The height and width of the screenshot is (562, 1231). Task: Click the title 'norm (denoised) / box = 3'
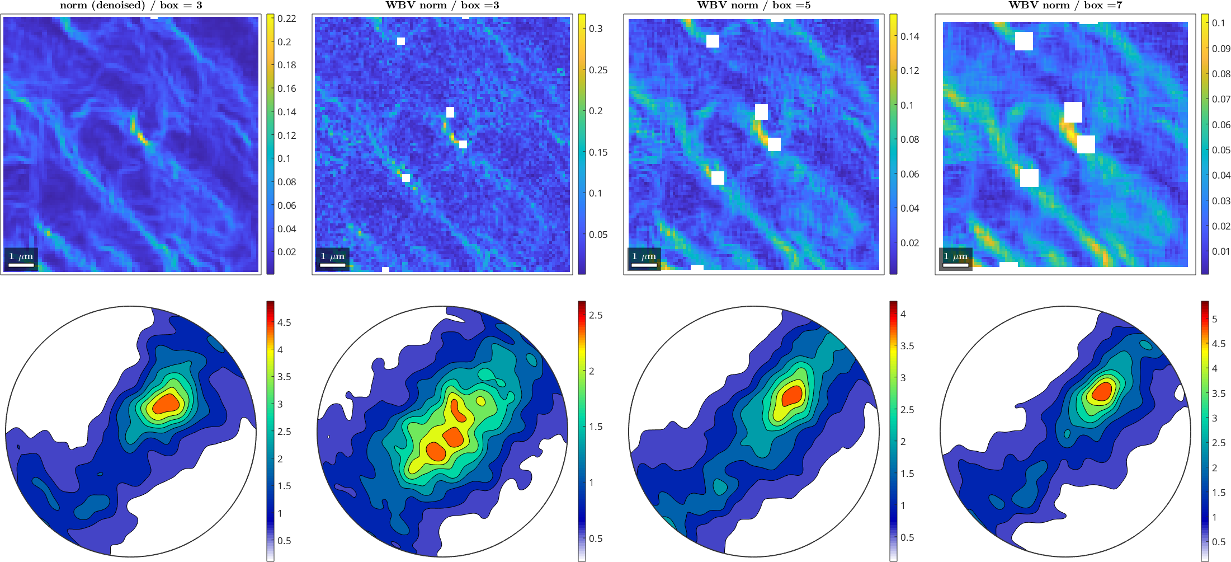coord(131,6)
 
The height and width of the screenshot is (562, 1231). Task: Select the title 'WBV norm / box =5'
coord(753,6)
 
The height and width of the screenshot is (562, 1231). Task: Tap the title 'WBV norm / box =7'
coord(1065,6)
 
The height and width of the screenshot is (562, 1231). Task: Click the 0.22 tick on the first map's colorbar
coord(286,18)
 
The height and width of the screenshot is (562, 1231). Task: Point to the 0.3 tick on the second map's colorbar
coord(596,29)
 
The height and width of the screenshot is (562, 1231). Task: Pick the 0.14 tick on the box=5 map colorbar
coord(909,36)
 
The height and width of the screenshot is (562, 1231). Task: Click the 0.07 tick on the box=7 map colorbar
coord(1221,99)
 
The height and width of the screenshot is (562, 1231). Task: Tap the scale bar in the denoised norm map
coord(21,264)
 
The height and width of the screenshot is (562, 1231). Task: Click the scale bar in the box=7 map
coord(956,264)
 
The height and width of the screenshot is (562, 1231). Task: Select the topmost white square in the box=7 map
coord(1024,41)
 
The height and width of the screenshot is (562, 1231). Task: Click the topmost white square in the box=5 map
coord(713,41)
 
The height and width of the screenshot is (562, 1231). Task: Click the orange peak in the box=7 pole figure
coord(1102,391)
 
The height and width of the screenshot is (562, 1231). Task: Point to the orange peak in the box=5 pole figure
coord(792,395)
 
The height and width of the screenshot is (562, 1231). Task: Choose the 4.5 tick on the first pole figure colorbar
coord(284,322)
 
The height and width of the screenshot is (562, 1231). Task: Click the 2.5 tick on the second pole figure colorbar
coord(596,315)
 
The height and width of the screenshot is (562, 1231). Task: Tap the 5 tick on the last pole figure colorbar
coord(1215,319)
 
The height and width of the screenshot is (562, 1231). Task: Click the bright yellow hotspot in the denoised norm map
coord(139,134)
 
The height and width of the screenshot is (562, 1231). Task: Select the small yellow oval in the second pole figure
coord(481,401)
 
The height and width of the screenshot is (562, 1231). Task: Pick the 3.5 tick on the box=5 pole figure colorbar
coord(907,346)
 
